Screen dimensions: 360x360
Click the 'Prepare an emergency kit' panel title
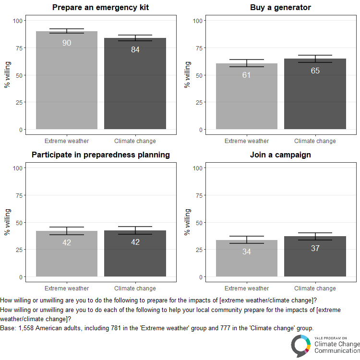pyautogui.click(x=100, y=8)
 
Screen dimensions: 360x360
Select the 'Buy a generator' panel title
pyautogui.click(x=280, y=8)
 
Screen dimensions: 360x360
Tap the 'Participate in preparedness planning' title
pyautogui.click(x=100, y=155)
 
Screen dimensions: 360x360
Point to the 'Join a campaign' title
pyautogui.click(x=280, y=155)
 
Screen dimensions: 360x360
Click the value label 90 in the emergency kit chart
pyautogui.click(x=67, y=43)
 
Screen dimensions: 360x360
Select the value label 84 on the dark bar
pyautogui.click(x=135, y=50)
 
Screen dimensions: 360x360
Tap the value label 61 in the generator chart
pyautogui.click(x=247, y=75)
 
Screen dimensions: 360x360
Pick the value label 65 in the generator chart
pyautogui.click(x=315, y=71)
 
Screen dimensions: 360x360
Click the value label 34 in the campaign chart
pyautogui.click(x=247, y=252)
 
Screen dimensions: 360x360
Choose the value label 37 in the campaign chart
pyautogui.click(x=315, y=248)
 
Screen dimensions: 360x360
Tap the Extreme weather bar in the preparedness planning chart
pyautogui.click(x=67, y=259)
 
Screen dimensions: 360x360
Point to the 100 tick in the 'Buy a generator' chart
pyautogui.click(x=197, y=21)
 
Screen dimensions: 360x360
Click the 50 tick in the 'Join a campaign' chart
pyautogui.click(x=198, y=223)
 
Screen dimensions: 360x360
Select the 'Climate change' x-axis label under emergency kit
pyautogui.click(x=135, y=141)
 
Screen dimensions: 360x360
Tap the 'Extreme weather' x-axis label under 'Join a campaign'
pyautogui.click(x=247, y=288)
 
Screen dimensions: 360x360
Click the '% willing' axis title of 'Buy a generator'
pyautogui.click(x=188, y=74)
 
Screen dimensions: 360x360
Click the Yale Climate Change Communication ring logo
pyautogui.click(x=301, y=346)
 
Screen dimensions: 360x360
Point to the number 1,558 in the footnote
pyautogui.click(x=26, y=328)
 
